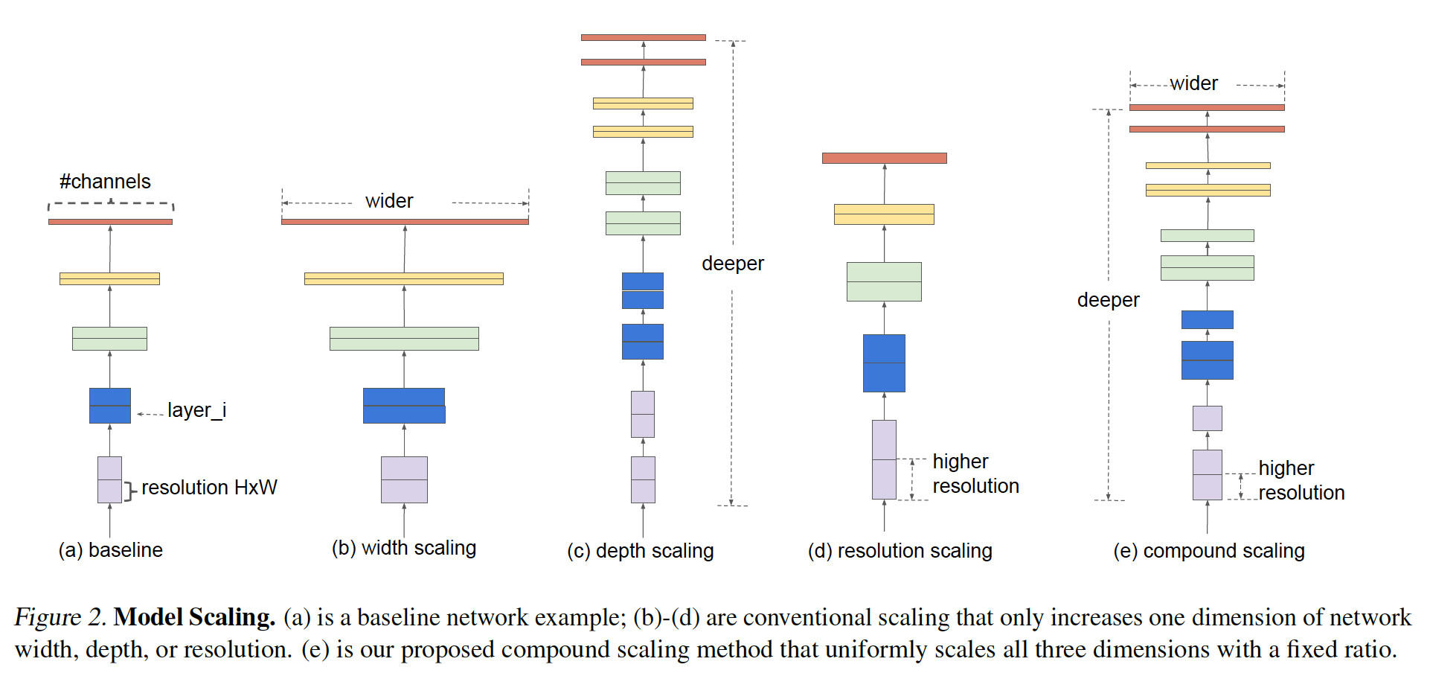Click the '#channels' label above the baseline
105,182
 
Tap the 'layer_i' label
196,410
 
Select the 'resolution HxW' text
209,488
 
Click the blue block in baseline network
110,406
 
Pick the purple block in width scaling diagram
404,479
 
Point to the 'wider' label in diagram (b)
389,201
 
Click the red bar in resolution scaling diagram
884,158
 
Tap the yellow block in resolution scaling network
884,214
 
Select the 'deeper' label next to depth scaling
733,264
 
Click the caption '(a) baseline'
111,550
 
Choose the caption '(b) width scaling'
404,549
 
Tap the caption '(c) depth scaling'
641,551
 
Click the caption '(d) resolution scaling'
900,551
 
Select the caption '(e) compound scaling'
1209,551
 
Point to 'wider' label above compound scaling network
1193,83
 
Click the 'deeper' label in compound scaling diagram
1108,300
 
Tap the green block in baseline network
109,339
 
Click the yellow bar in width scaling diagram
404,278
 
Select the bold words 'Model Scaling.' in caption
194,617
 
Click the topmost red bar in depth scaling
644,37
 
